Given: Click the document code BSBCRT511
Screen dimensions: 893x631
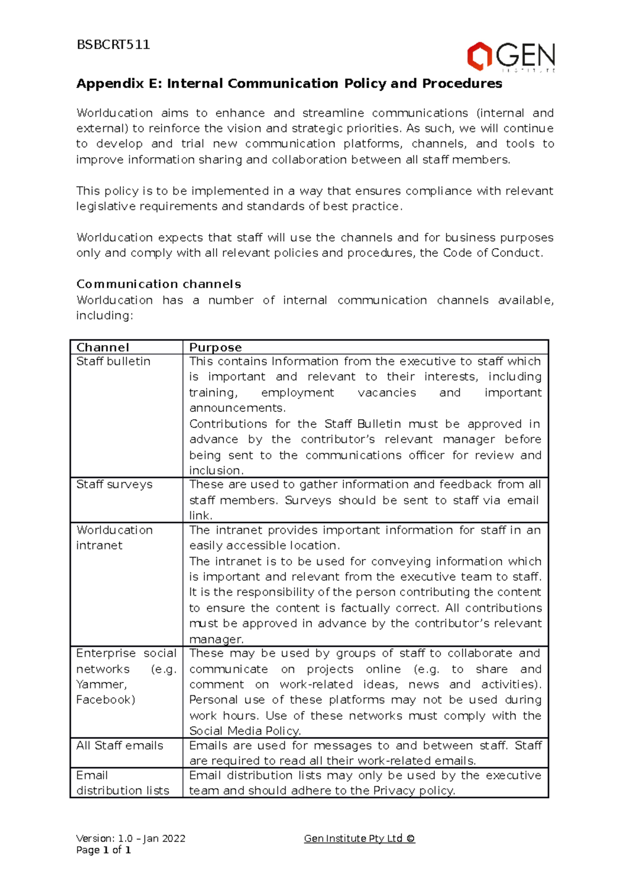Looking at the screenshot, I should pyautogui.click(x=113, y=45).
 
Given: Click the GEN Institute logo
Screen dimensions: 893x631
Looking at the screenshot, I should pyautogui.click(x=511, y=56).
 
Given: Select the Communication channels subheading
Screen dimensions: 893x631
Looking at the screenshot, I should pyautogui.click(x=158, y=284).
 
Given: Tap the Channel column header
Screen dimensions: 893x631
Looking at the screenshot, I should pyautogui.click(x=103, y=347).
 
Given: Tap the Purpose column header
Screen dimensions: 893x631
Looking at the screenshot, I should pyautogui.click(x=215, y=347).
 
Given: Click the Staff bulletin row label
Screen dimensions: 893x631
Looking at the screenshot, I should pyautogui.click(x=113, y=361).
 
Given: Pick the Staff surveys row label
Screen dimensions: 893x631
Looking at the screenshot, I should pyautogui.click(x=114, y=484).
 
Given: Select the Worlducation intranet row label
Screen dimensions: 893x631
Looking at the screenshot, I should pyautogui.click(x=114, y=537).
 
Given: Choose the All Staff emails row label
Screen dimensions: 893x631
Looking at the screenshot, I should pyautogui.click(x=119, y=745).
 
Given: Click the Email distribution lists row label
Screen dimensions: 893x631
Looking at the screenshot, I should pyautogui.click(x=122, y=783).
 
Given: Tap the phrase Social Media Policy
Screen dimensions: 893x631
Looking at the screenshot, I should pyautogui.click(x=245, y=731).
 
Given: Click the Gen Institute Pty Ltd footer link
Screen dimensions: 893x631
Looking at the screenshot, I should pyautogui.click(x=359, y=838).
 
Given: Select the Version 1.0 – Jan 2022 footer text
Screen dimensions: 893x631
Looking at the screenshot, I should pyautogui.click(x=130, y=838).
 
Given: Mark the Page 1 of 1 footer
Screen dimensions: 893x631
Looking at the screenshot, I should pyautogui.click(x=103, y=850).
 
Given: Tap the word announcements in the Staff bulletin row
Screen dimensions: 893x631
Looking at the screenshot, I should pyautogui.click(x=237, y=408).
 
